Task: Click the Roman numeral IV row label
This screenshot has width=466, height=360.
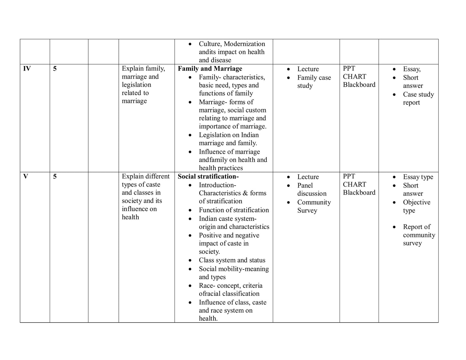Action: [x=27, y=69]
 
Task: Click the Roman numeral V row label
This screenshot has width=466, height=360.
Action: [x=25, y=176]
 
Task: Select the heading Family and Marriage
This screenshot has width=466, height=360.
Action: [x=210, y=69]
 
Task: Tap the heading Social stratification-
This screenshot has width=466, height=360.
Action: [x=208, y=176]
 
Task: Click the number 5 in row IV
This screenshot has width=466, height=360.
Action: [x=55, y=69]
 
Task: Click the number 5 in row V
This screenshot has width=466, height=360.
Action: [x=55, y=176]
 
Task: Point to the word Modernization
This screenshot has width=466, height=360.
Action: [x=244, y=44]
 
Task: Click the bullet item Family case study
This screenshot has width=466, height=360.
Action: [x=314, y=82]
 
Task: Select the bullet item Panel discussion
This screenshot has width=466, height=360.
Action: [x=312, y=190]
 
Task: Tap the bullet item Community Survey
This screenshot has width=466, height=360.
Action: [x=314, y=206]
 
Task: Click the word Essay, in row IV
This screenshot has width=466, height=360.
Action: [x=411, y=69]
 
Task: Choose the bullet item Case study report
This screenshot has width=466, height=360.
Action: [x=418, y=98]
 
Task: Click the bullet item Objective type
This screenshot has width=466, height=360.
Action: [x=416, y=206]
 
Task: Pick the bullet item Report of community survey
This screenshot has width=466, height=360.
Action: [x=419, y=235]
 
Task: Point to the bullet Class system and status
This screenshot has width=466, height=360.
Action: [x=232, y=260]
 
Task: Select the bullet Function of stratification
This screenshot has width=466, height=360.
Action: [x=233, y=210]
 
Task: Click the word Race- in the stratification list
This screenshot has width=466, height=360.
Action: [x=207, y=286]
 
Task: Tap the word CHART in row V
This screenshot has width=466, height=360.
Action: [x=354, y=184]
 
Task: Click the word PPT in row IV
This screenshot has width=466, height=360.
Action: [x=349, y=69]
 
